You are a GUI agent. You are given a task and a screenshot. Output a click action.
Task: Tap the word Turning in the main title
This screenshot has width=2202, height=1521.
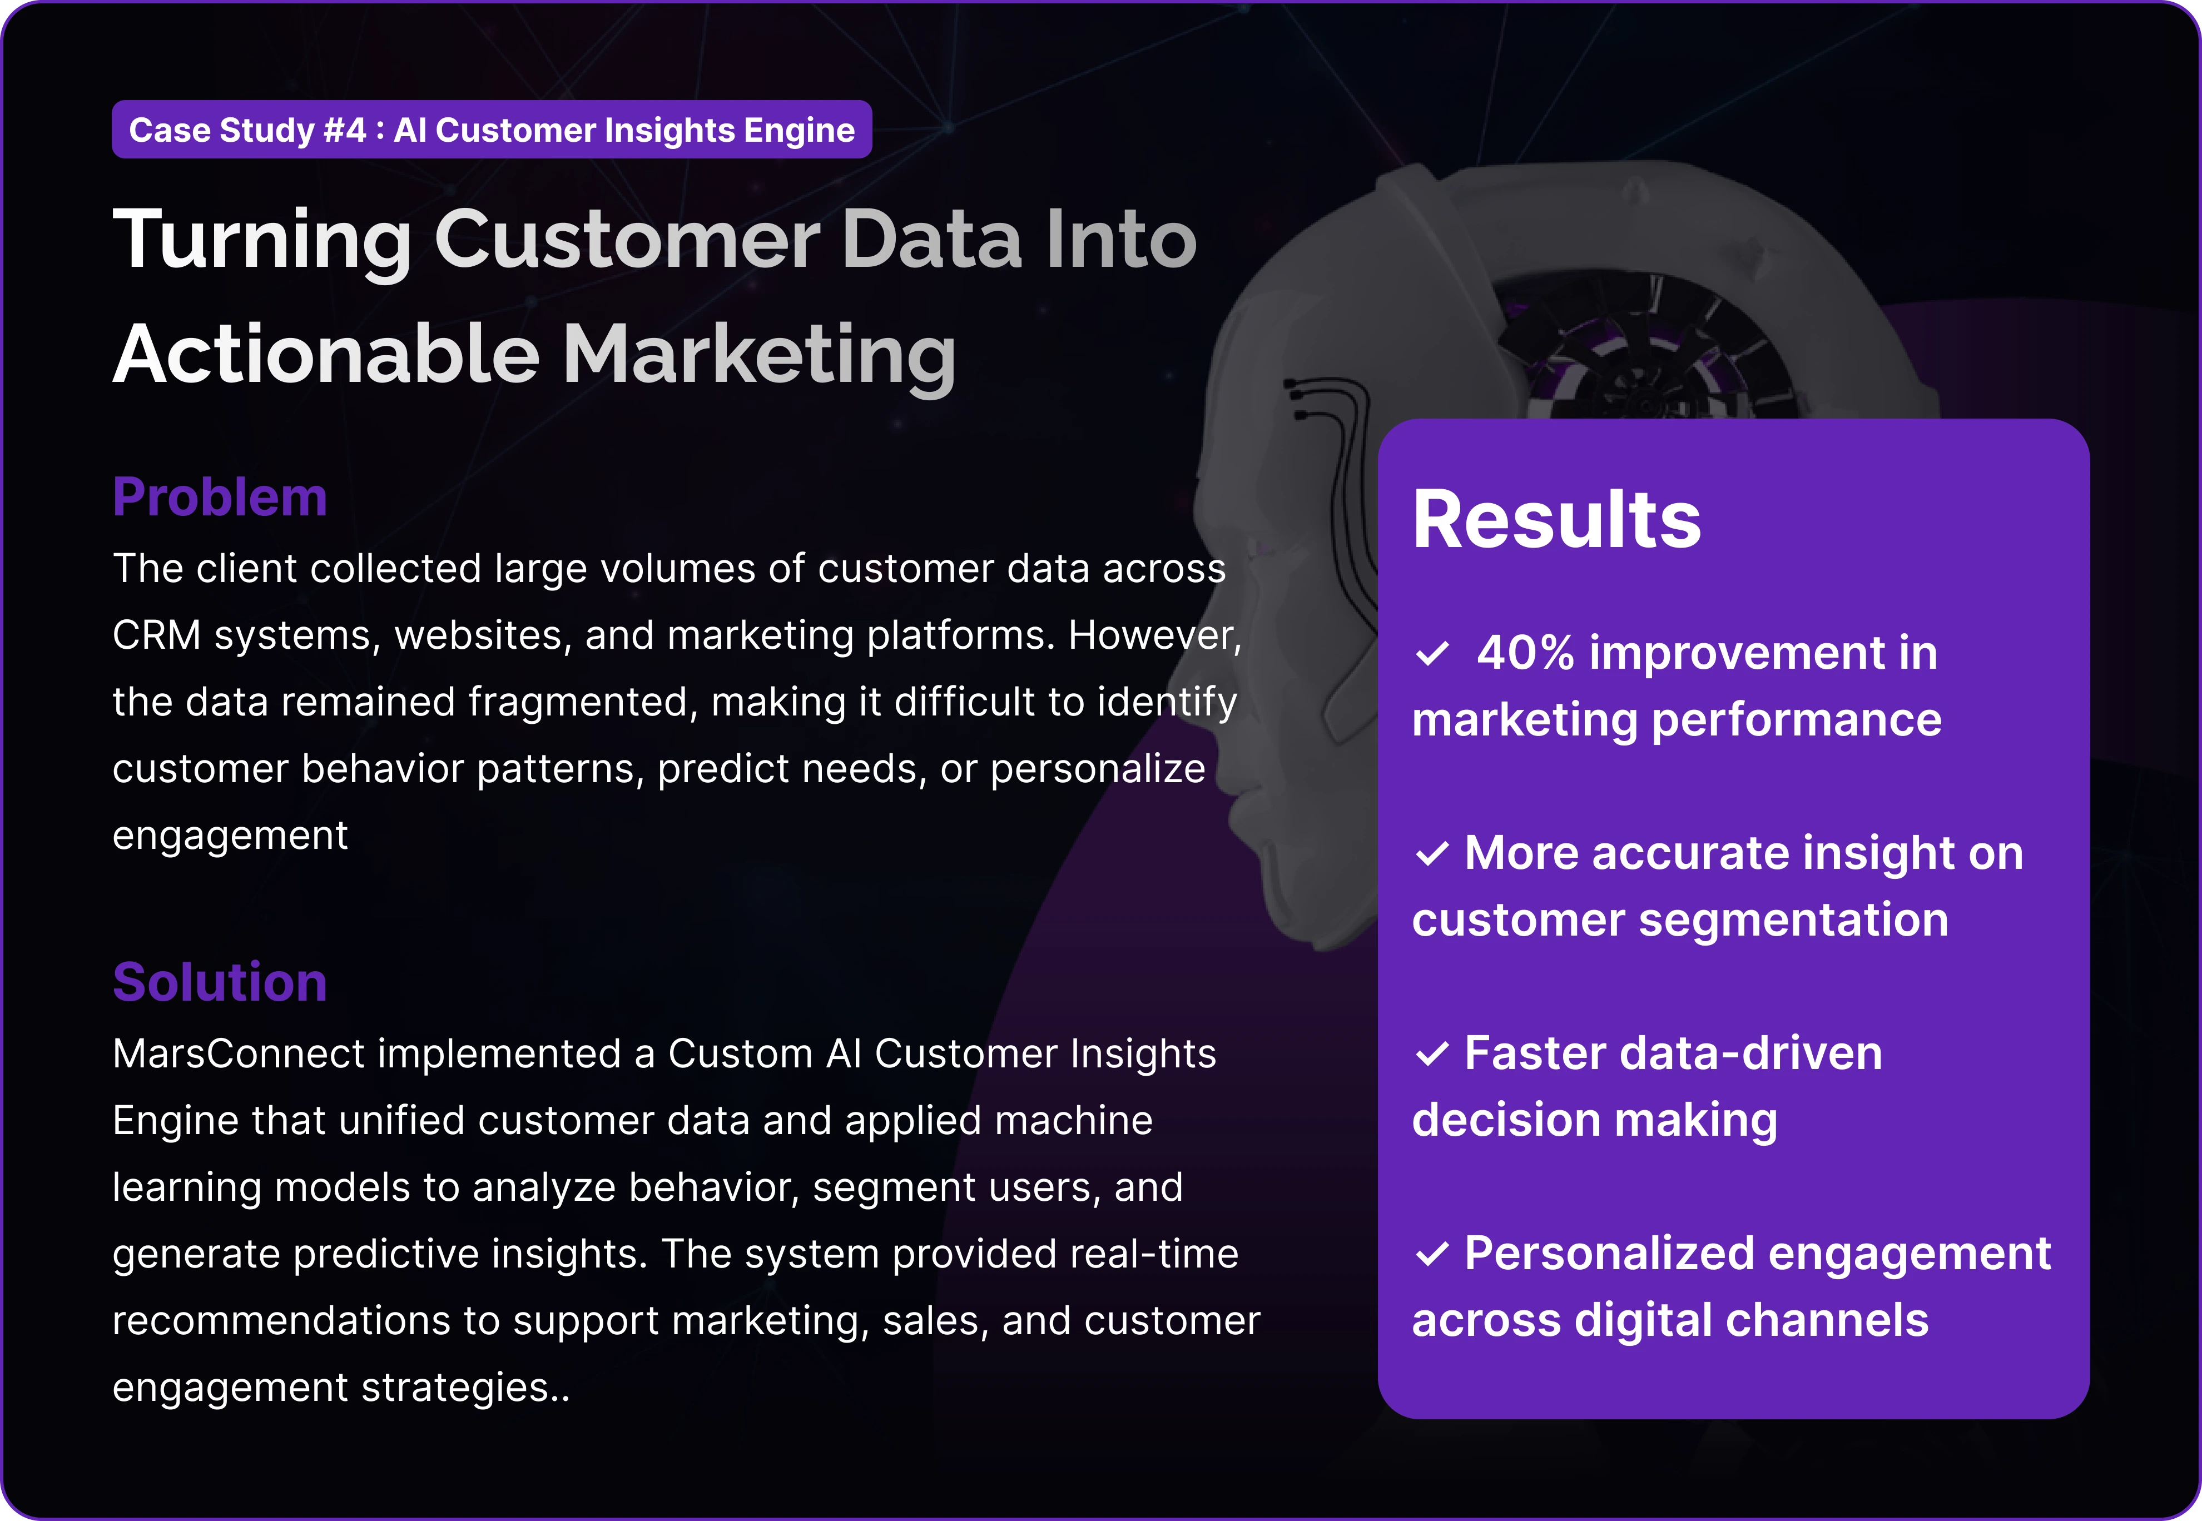click(x=262, y=240)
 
